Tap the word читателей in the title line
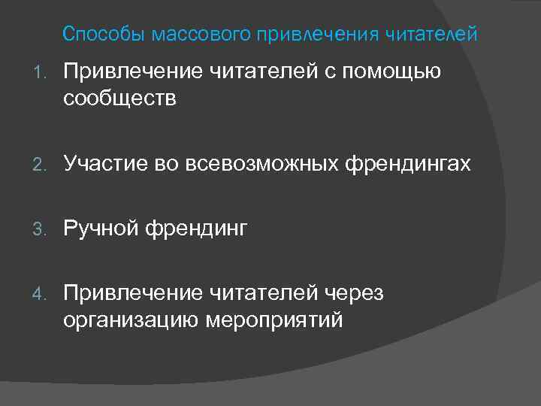pos(431,35)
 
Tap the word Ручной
pos(100,228)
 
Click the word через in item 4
pos(353,293)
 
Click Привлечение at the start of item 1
pos(133,72)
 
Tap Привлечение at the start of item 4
pos(133,293)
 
